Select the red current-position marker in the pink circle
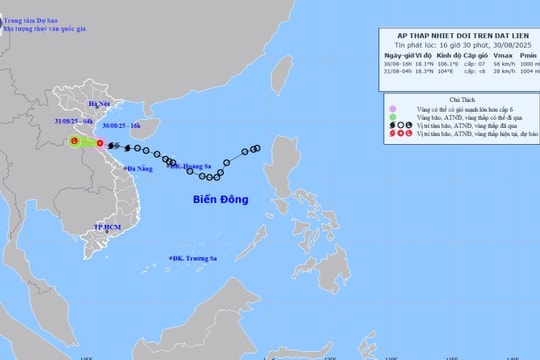point(99,145)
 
